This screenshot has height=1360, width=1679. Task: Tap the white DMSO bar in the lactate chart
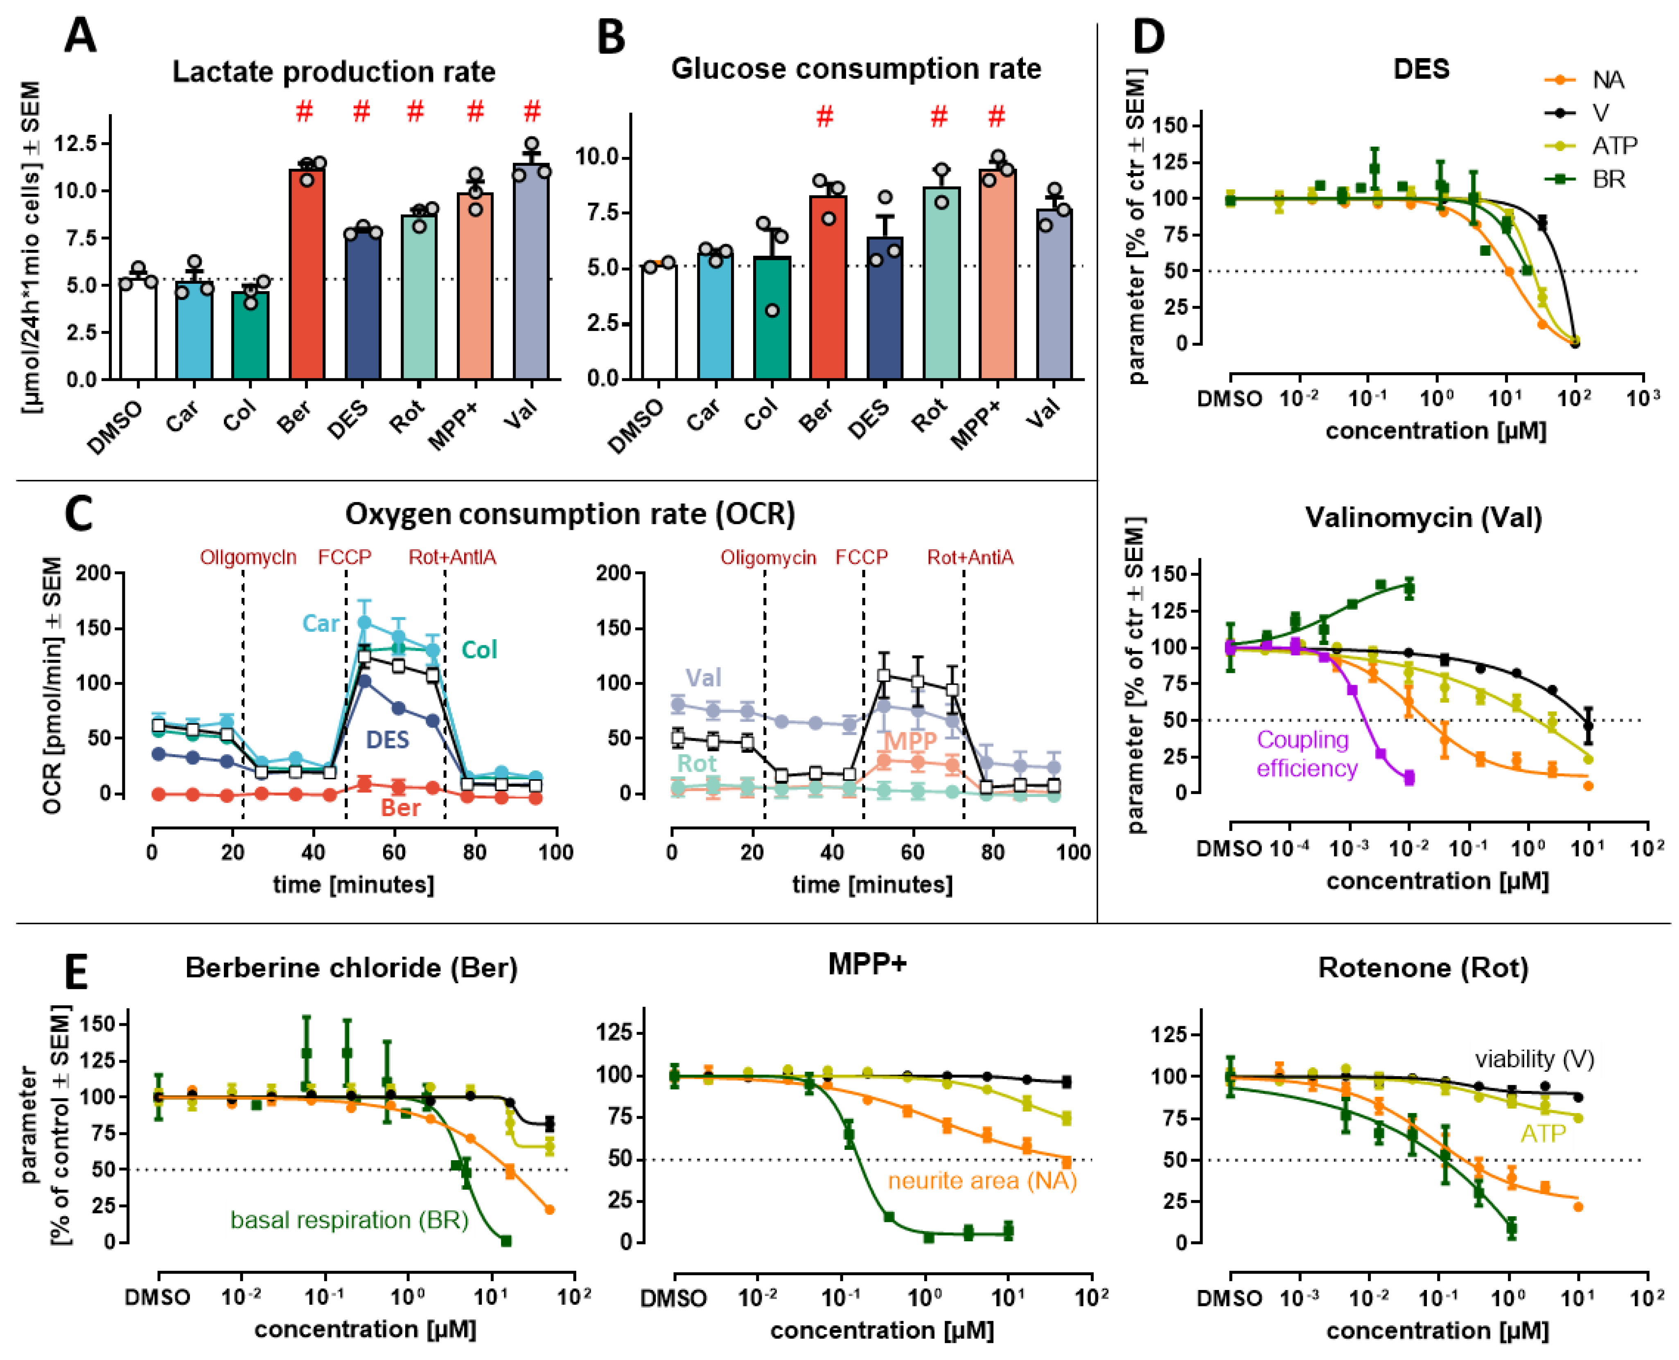coord(138,329)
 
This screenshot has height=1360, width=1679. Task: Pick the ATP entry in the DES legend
coord(1613,146)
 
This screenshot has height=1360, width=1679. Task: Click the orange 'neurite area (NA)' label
coord(981,1181)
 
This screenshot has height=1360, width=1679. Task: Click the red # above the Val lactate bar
coord(532,111)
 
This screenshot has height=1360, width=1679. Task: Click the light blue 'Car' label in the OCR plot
coord(320,624)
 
